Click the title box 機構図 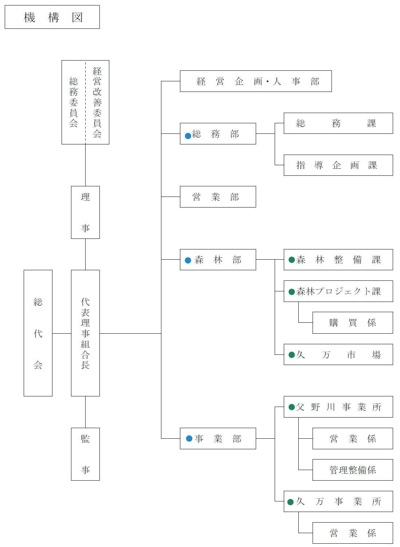tap(52, 17)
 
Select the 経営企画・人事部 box tap(256, 81)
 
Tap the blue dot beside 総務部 tap(188, 136)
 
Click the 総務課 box tap(338, 123)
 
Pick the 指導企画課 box tap(338, 165)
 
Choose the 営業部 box tap(218, 197)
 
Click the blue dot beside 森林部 tap(188, 260)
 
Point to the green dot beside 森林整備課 tap(291, 260)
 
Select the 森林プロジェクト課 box tap(338, 291)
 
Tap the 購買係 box tap(353, 323)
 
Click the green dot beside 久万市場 tap(291, 354)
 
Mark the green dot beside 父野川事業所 tap(291, 407)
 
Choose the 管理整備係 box tap(353, 470)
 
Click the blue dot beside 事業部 tap(189, 439)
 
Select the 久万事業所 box tap(338, 501)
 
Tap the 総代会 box tap(38, 333)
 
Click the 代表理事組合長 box tap(85, 333)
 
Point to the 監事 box tap(85, 454)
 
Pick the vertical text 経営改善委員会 tap(97, 102)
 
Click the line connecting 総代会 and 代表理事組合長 tap(62, 333)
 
